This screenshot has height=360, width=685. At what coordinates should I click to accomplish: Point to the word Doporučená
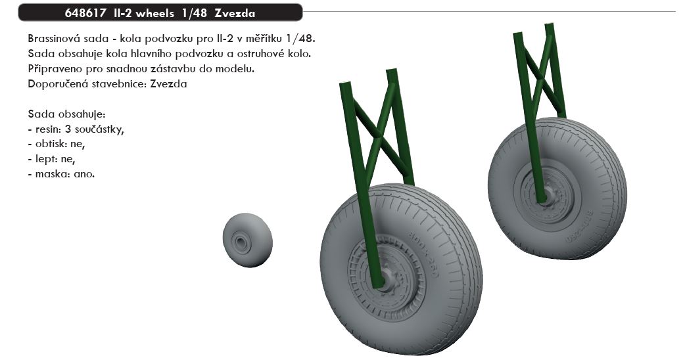[x=51, y=84]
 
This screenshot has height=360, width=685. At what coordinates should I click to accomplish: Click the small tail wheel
[x=247, y=240]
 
